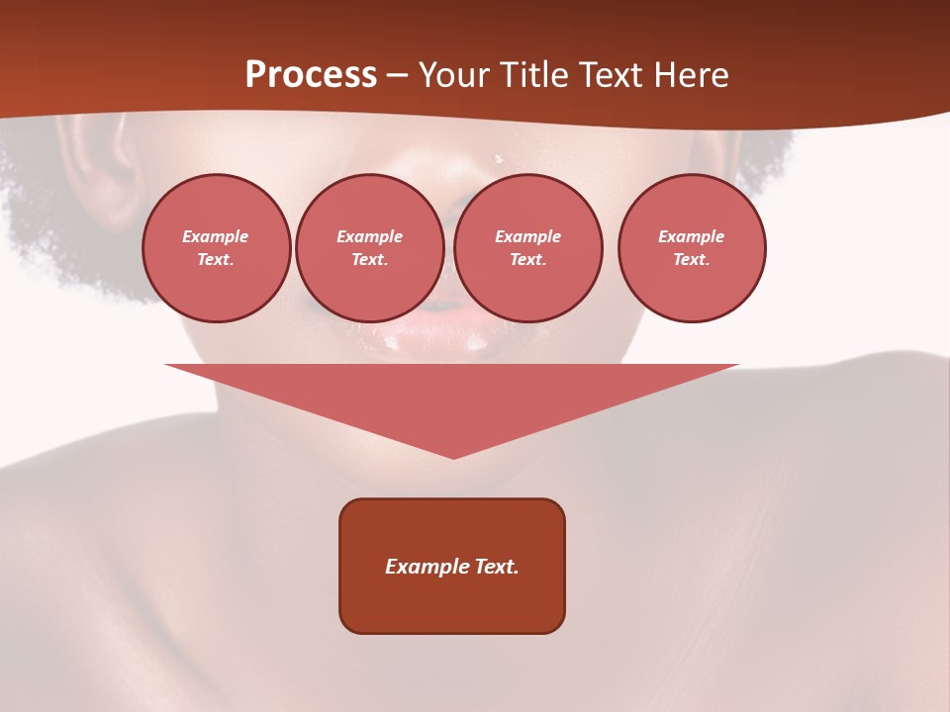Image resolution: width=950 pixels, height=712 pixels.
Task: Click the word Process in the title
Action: tap(311, 75)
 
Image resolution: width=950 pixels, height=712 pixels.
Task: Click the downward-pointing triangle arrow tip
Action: tap(453, 453)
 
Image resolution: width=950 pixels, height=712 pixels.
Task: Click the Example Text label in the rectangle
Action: tap(452, 567)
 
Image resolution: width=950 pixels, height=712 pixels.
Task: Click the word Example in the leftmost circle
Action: tap(216, 236)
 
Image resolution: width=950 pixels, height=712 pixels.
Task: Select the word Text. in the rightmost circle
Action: tap(692, 259)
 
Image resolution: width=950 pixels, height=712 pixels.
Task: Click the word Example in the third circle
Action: tap(528, 236)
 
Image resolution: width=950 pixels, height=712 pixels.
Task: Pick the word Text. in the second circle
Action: tap(370, 259)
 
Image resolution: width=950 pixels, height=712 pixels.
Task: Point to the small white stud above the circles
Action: tap(499, 158)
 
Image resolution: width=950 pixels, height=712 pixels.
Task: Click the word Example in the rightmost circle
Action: tap(692, 236)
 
